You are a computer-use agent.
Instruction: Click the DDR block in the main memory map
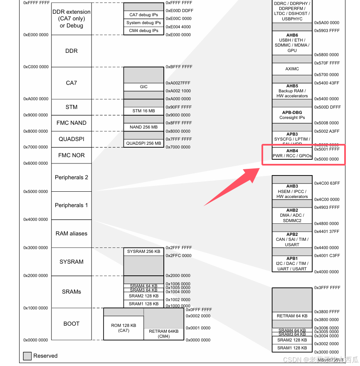tap(71, 51)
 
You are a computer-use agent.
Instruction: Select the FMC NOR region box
tap(71, 155)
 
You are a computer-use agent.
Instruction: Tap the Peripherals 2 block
tap(71, 177)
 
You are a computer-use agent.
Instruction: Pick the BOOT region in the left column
tap(71, 324)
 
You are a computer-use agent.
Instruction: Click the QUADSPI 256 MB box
tap(143, 143)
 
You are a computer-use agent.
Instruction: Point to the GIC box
tap(143, 87)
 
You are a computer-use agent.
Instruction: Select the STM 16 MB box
tap(143, 111)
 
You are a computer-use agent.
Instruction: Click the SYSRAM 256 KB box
tap(143, 252)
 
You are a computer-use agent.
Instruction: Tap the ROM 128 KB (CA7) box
tap(123, 328)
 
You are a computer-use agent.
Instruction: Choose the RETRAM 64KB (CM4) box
tap(164, 334)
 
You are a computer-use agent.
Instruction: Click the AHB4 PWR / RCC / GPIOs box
tap(292, 153)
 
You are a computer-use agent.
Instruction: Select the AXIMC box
tap(292, 69)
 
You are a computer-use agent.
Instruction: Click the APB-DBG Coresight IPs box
tap(292, 115)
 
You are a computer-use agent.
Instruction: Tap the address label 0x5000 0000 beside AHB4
tap(327, 159)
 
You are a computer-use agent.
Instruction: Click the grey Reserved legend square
tap(27, 356)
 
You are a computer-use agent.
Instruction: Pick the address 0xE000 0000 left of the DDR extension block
tap(36, 35)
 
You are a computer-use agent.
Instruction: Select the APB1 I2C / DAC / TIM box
tap(292, 264)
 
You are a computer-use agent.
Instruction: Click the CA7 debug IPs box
tap(143, 15)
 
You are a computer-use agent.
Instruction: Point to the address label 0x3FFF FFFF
tap(327, 288)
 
